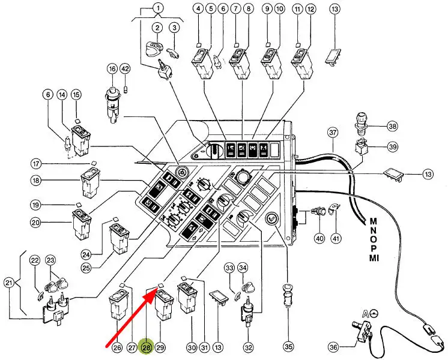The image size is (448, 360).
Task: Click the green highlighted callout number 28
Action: [x=146, y=347]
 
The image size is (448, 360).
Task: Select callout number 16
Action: [x=112, y=69]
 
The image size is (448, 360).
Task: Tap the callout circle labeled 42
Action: [x=126, y=69]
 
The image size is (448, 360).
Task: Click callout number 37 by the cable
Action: [x=333, y=132]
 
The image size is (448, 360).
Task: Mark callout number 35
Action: [x=289, y=346]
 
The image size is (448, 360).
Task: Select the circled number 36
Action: [x=334, y=346]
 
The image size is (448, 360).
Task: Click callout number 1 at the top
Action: [x=159, y=8]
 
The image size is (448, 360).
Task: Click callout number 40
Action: [x=319, y=238]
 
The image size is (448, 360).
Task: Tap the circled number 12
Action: [x=310, y=8]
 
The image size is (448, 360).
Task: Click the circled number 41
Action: [x=336, y=238]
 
